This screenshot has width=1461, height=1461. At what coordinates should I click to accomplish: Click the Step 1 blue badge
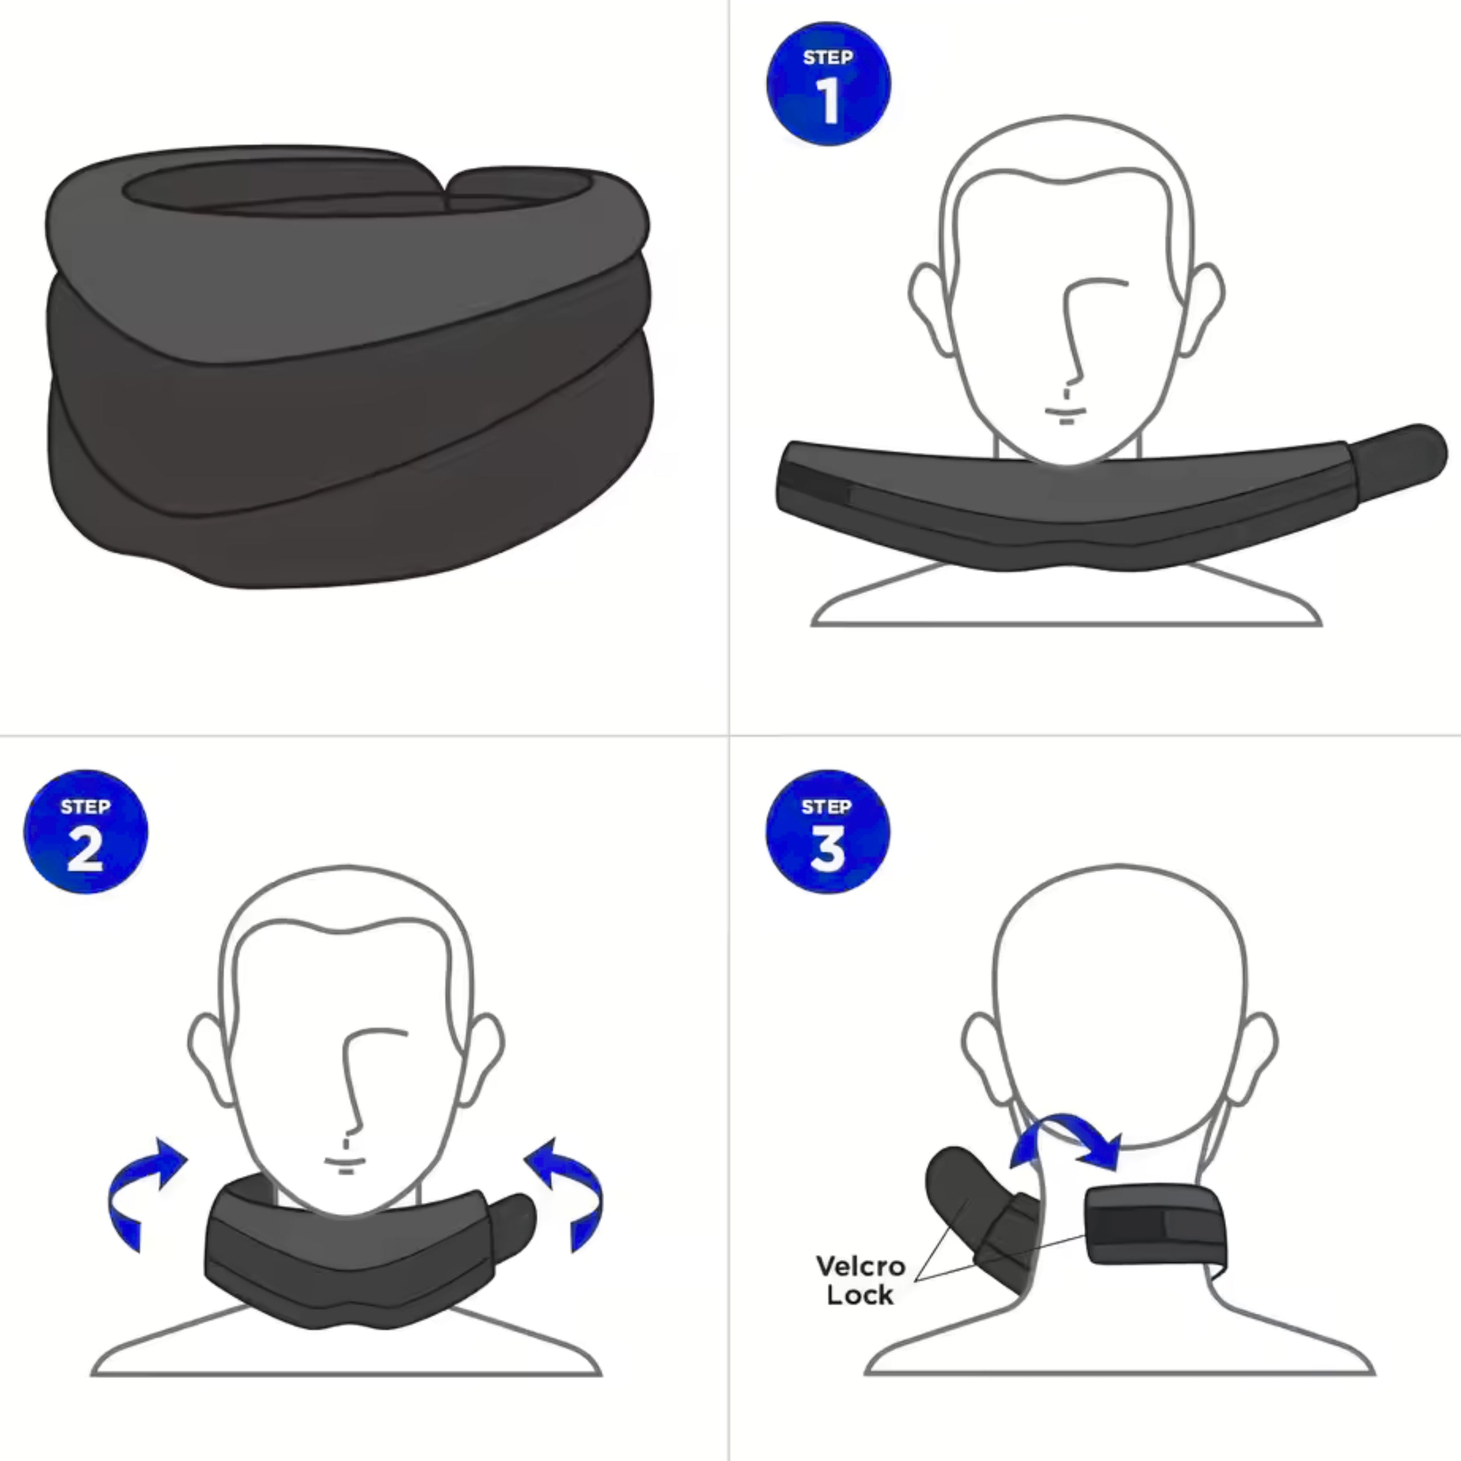tap(828, 83)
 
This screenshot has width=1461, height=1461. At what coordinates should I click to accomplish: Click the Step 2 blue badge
tap(85, 832)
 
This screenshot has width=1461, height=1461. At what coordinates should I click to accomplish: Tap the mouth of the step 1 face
tap(1066, 412)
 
